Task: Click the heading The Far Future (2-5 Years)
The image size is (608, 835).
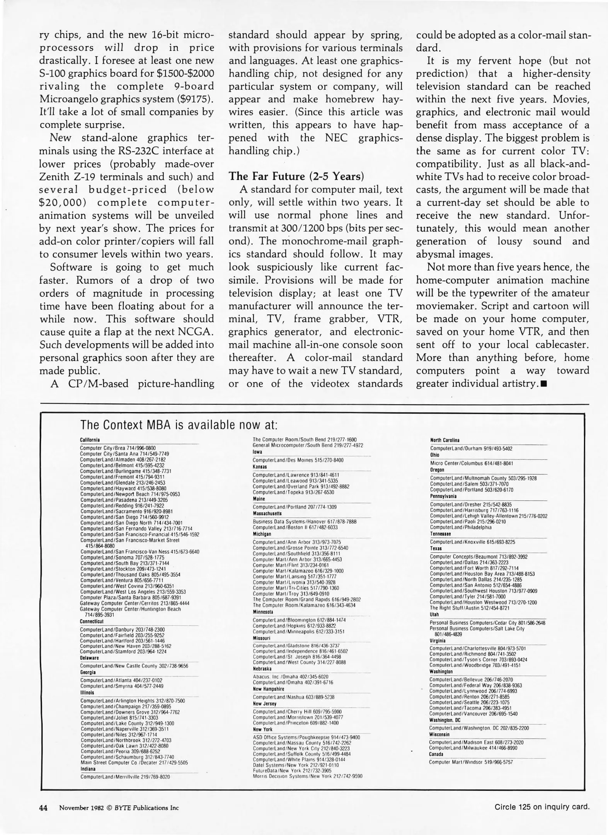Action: [x=296, y=176]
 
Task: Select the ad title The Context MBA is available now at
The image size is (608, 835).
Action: [x=179, y=425]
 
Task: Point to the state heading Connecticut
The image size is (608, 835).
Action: [x=91, y=621]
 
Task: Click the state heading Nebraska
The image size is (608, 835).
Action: [x=262, y=669]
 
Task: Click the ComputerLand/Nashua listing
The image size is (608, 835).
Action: [x=293, y=697]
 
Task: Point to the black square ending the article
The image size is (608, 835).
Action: [x=544, y=384]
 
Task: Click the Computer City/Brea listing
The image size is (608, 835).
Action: [x=118, y=448]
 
